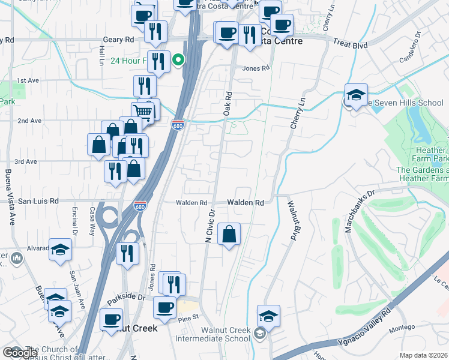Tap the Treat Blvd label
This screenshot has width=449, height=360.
(348, 43)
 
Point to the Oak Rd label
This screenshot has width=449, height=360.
(227, 104)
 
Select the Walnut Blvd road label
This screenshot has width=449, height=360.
(294, 221)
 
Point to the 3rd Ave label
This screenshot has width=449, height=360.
(26, 161)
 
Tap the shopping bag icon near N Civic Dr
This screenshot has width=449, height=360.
(229, 234)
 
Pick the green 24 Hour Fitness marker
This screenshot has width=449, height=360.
(178, 61)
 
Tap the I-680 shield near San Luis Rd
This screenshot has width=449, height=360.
(140, 205)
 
